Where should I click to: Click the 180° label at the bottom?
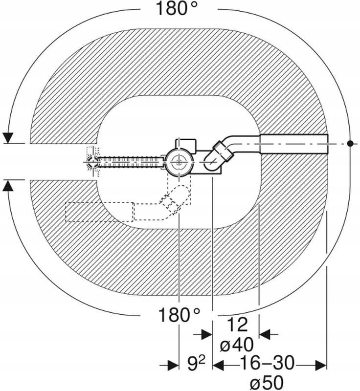pos(179,315)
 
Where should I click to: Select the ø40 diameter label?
pos(237,345)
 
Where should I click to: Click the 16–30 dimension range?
pos(267,363)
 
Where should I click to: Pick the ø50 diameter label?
pos(267,383)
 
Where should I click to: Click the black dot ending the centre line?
pos(350,143)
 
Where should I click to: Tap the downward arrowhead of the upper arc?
pos(8,138)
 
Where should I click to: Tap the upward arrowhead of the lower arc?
pos(8,185)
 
